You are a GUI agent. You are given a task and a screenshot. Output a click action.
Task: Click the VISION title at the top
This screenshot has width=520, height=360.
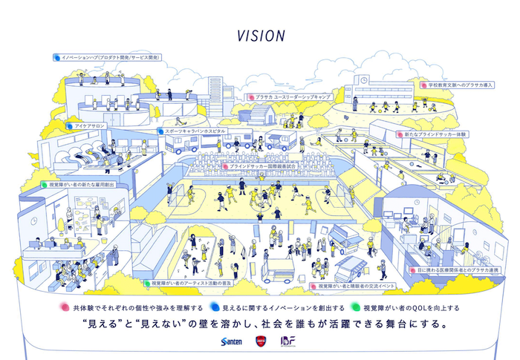pos(260,35)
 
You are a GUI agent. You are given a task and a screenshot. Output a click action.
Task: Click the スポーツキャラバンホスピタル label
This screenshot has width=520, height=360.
pos(189,131)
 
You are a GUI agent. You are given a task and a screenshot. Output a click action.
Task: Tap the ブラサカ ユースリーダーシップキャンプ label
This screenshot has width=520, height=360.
pos(292,97)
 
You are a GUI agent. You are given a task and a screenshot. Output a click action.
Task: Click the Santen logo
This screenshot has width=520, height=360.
pos(231,341)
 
